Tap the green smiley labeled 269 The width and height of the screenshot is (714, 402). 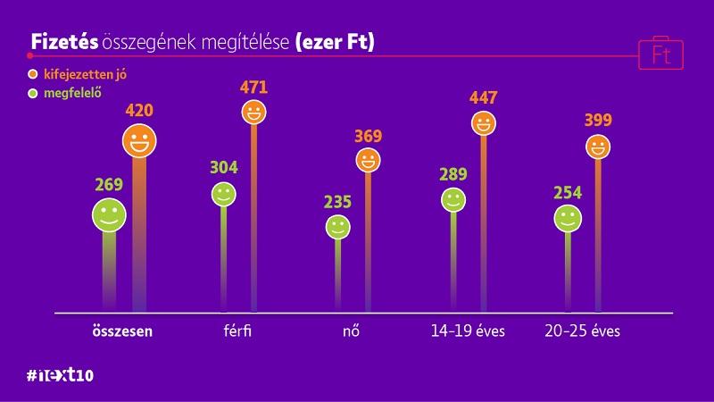109,214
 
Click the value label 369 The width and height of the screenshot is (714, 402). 367,137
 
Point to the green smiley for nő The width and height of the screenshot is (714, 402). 337,227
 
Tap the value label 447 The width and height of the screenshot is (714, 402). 483,98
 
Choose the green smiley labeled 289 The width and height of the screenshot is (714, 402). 453,199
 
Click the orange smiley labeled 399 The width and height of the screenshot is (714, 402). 598,146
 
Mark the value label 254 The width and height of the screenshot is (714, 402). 569,192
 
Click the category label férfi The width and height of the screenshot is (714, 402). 237,331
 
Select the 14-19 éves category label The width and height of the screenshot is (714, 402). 468,331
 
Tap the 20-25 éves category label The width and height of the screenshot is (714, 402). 582,331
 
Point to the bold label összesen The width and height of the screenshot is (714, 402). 122,331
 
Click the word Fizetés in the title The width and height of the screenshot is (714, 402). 64,42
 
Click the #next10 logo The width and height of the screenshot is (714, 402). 61,374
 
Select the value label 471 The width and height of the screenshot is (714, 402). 254,88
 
